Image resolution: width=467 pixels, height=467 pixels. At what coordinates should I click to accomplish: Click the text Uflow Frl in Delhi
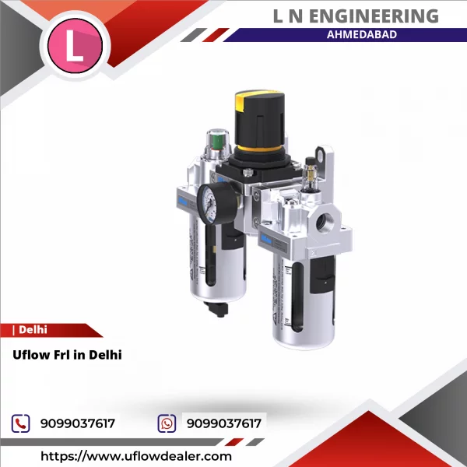[x=68, y=354]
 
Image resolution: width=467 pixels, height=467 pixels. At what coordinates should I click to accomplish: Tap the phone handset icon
[x=20, y=423]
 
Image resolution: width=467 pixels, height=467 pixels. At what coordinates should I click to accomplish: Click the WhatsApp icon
[x=167, y=423]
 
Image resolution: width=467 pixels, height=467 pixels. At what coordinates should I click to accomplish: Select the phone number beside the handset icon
[x=77, y=423]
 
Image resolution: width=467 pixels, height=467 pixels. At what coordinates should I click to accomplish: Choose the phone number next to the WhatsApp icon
[x=223, y=423]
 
